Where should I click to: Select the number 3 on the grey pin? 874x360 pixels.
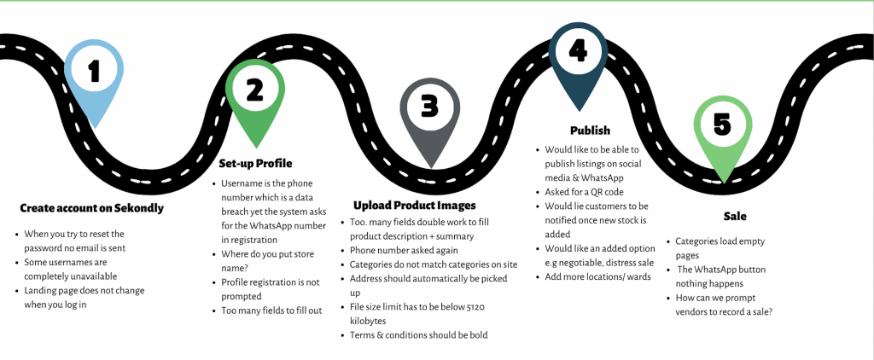(429, 107)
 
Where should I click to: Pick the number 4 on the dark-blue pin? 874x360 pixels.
(578, 51)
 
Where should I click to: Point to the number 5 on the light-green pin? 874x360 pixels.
(722, 125)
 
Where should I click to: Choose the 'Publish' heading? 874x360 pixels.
(590, 131)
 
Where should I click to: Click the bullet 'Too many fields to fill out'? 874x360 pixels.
(271, 311)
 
